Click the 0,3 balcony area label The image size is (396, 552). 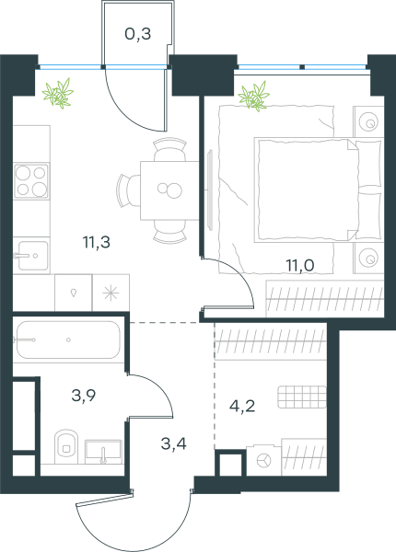click(138, 34)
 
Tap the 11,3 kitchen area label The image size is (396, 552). click(96, 242)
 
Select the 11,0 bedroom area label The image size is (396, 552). click(300, 265)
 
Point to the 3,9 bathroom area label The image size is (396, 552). click(84, 396)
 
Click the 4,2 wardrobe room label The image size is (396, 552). click(242, 406)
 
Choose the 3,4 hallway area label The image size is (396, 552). click(174, 443)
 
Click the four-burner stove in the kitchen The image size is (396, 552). click(31, 181)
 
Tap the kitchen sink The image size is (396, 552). click(31, 255)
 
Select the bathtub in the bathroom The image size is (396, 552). click(68, 339)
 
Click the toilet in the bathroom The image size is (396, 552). click(66, 446)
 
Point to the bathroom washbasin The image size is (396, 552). click(103, 452)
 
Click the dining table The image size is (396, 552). click(169, 190)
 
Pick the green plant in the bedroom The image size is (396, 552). click(253, 97)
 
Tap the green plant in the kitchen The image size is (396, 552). click(58, 93)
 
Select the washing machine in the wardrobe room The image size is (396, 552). click(264, 460)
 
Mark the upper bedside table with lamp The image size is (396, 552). click(368, 121)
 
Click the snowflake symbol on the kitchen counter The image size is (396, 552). click(111, 293)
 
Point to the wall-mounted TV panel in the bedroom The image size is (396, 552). click(211, 190)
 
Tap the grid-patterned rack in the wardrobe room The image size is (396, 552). click(302, 397)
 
